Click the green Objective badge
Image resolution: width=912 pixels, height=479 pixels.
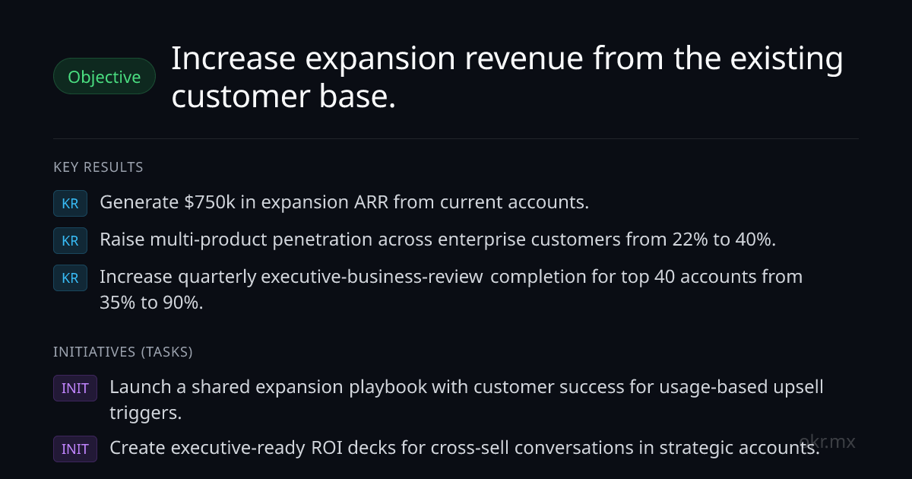(x=104, y=76)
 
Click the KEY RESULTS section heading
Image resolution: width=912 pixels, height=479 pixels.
(x=98, y=167)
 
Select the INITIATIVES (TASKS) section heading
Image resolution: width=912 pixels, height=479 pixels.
(x=123, y=352)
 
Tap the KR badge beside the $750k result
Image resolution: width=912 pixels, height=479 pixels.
(x=70, y=203)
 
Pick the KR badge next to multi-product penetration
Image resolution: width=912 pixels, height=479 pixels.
(x=70, y=241)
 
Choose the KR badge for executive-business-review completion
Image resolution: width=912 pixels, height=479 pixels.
(x=70, y=278)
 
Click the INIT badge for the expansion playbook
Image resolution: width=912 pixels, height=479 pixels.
(x=75, y=389)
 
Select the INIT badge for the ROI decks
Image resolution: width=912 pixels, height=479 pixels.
(x=75, y=449)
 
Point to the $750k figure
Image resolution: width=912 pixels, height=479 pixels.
(x=210, y=202)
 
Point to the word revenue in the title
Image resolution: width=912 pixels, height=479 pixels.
(x=524, y=59)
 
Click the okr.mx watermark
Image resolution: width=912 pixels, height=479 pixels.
(x=827, y=442)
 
